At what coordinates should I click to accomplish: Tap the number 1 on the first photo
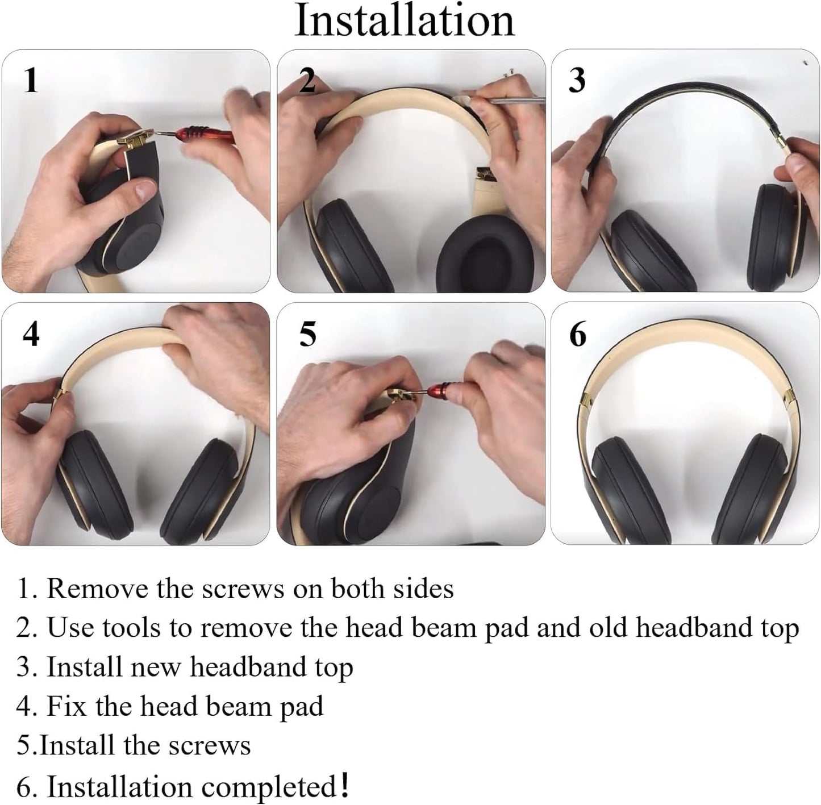(31, 80)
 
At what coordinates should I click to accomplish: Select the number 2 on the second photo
(307, 80)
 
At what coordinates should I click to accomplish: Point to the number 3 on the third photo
(577, 80)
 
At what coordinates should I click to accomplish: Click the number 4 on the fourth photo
(31, 334)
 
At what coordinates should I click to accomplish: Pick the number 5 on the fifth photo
(307, 334)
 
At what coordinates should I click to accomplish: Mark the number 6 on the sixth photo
(577, 334)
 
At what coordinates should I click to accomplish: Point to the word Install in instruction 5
(78, 745)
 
